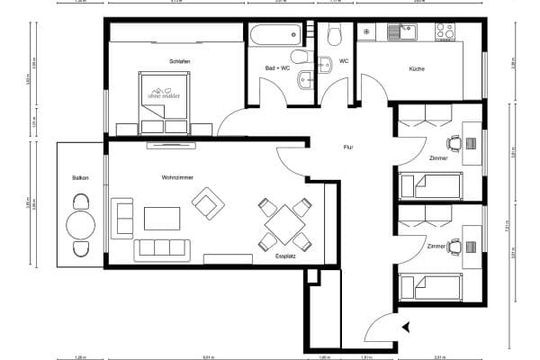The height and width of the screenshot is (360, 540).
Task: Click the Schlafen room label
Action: (x=179, y=61)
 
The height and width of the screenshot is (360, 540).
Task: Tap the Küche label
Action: (x=417, y=69)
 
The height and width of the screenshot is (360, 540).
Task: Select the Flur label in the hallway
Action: (x=347, y=148)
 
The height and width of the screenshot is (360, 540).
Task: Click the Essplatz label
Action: (x=285, y=256)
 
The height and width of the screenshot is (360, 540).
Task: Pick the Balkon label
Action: (x=80, y=178)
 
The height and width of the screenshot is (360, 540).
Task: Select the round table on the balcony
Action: (x=81, y=225)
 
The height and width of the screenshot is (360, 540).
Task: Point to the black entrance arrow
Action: (x=407, y=328)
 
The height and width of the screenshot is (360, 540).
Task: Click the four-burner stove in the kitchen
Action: (x=445, y=31)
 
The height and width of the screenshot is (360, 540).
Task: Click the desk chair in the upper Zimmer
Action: (x=454, y=142)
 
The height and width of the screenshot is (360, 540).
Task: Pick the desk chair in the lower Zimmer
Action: (x=454, y=244)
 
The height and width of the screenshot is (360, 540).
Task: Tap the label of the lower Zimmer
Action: (x=436, y=246)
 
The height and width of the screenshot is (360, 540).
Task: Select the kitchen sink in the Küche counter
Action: (x=399, y=32)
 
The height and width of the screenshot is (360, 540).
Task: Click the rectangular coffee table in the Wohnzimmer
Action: (x=161, y=219)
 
